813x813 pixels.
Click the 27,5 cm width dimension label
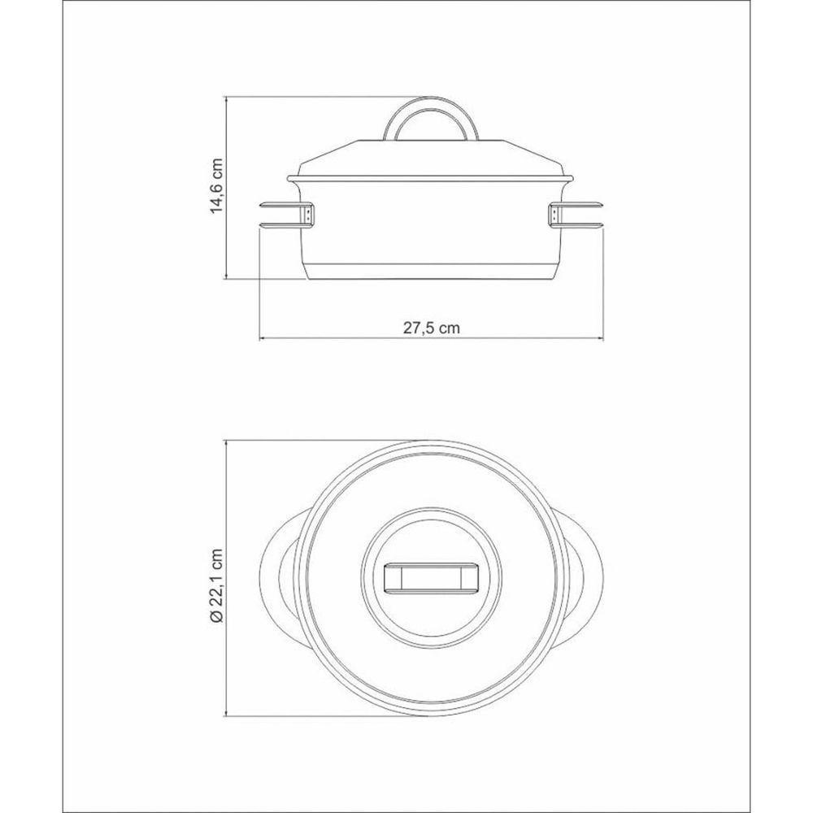tap(431, 328)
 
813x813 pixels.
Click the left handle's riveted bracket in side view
tap(310, 214)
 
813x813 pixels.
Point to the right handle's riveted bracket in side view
tap(553, 214)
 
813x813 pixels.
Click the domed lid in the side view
tap(431, 159)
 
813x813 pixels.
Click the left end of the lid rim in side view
tap(291, 179)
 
